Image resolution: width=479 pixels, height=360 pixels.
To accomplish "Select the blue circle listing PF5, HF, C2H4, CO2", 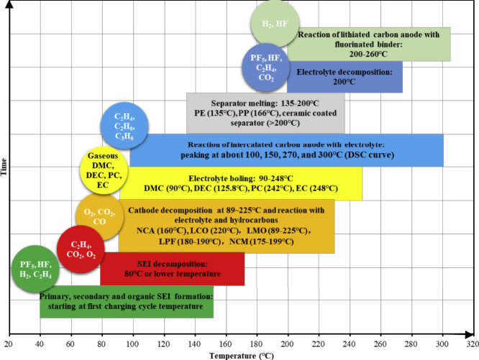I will pyautogui.click(x=265, y=67).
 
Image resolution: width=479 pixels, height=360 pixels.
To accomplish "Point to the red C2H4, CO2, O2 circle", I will pyautogui.click(x=79, y=249).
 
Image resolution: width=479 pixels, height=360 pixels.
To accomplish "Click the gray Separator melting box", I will pyautogui.click(x=265, y=113).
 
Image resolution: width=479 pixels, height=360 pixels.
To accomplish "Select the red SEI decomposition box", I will pyautogui.click(x=173, y=269).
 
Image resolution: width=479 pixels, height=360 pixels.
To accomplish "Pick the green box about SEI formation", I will pyautogui.click(x=127, y=302).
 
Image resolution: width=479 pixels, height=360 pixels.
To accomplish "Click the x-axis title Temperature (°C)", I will pyautogui.click(x=243, y=355).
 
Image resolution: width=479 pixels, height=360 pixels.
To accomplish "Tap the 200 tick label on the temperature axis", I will pyautogui.click(x=288, y=343).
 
